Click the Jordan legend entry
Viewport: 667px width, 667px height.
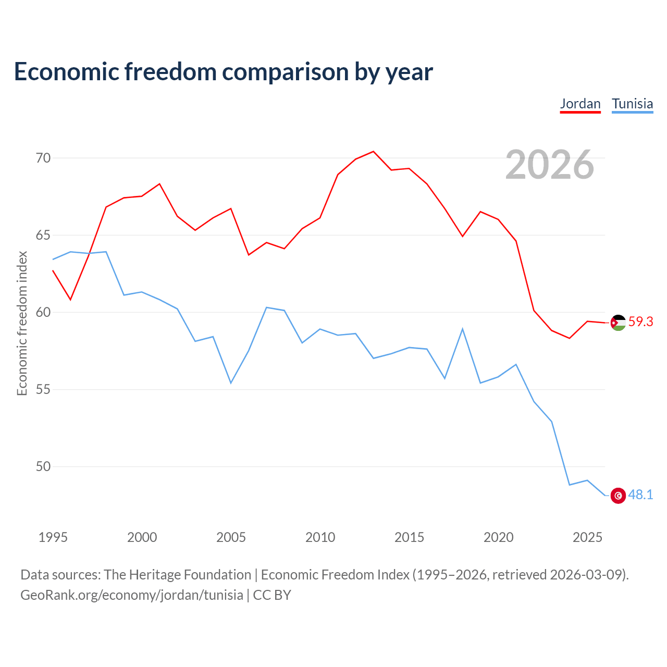click(580, 104)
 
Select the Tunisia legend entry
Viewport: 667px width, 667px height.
click(632, 104)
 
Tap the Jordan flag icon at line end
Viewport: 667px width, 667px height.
click(618, 323)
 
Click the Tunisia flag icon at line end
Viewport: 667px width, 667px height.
click(618, 496)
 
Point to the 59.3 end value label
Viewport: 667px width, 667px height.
click(640, 322)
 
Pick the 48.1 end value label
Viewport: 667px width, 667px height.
click(640, 495)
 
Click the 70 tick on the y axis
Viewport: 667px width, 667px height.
click(43, 158)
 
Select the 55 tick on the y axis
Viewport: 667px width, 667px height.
click(43, 389)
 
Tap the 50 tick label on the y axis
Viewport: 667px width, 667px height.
click(43, 466)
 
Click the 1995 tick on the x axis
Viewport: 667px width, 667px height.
click(53, 537)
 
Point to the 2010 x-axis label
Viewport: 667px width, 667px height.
click(320, 537)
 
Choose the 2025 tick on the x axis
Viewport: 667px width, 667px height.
click(587, 537)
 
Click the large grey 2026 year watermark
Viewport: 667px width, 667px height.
click(550, 165)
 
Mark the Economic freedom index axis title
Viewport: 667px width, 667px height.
click(22, 323)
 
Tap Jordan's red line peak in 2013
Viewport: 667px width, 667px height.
click(373, 151)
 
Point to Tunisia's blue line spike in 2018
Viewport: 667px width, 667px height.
click(462, 328)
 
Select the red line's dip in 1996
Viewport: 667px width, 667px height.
click(71, 300)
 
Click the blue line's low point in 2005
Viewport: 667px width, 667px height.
click(231, 383)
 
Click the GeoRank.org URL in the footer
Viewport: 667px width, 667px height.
click(132, 595)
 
